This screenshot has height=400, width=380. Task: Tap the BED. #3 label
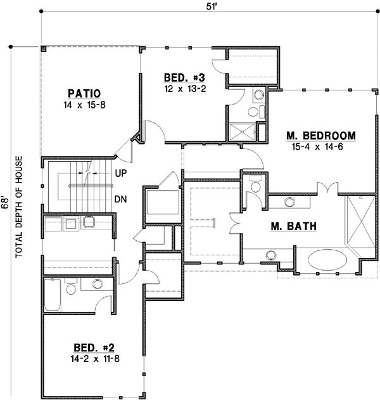(x=183, y=77)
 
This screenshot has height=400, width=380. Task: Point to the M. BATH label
(x=293, y=226)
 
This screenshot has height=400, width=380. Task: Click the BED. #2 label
(x=94, y=347)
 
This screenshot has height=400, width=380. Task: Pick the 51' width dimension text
(x=210, y=6)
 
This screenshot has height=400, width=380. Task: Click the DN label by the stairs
(x=122, y=199)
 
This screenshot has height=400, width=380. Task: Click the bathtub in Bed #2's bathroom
(x=53, y=295)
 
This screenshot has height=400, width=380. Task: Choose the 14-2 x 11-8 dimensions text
(x=94, y=358)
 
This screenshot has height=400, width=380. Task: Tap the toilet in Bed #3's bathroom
(x=254, y=112)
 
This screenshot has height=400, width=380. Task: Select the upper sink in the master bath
(x=290, y=202)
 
